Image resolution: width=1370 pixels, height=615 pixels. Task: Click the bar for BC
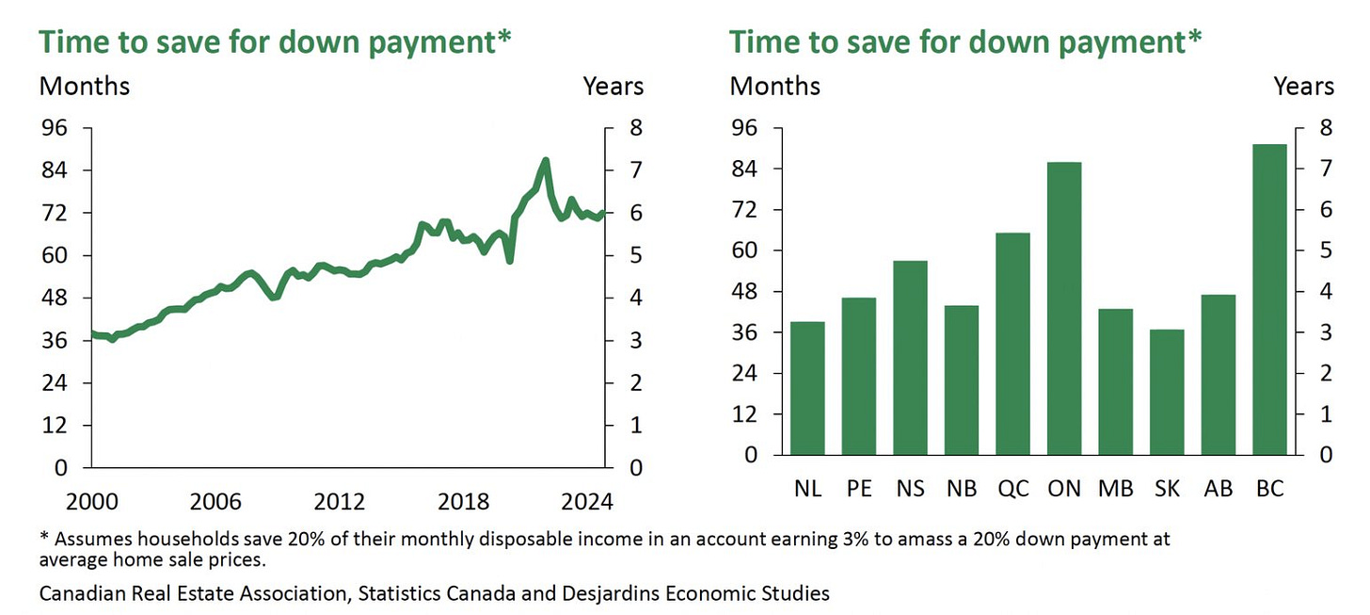[x=1269, y=299]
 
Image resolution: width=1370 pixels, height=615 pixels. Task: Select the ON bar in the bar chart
[x=1064, y=308]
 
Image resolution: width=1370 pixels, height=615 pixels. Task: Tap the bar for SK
[x=1167, y=392]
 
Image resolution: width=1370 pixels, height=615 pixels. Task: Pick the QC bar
[x=1012, y=344]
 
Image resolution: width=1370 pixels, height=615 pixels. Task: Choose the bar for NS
[x=910, y=358]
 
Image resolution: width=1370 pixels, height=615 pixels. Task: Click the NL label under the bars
[x=808, y=489]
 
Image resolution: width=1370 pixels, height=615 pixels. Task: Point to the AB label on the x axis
[x=1219, y=489]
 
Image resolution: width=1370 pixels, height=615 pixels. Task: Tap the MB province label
[x=1116, y=489]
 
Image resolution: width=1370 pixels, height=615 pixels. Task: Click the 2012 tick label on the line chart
[x=340, y=502]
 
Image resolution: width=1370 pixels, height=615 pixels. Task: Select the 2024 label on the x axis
[x=587, y=502]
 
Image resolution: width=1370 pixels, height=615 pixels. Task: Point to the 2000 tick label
[x=92, y=502]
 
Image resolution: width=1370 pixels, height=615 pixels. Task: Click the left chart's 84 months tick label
[x=55, y=170]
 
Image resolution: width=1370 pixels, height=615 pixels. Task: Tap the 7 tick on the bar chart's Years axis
[x=1326, y=169]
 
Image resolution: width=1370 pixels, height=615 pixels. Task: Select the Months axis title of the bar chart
[x=775, y=87]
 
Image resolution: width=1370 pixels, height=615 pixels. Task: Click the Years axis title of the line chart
[x=613, y=87]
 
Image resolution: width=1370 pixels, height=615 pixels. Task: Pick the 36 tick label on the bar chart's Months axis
[x=744, y=332]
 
